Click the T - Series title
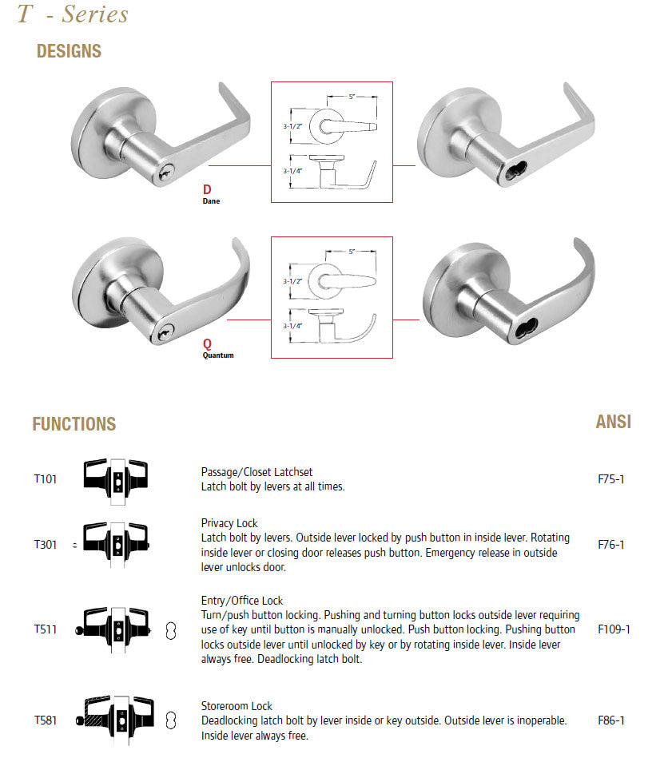click(73, 14)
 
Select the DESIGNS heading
click(69, 52)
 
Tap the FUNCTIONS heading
click(74, 424)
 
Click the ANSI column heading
click(613, 422)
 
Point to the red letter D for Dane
click(207, 189)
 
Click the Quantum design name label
click(217, 355)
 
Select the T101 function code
click(46, 479)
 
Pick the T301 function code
click(46, 545)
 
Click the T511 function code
click(46, 629)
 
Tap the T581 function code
click(46, 720)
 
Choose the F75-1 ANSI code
click(610, 479)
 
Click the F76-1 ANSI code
click(610, 545)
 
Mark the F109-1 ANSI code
click(614, 629)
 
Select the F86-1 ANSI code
click(610, 720)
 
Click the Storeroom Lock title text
click(237, 706)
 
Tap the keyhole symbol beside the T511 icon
click(169, 629)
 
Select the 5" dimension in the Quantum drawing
click(352, 252)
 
